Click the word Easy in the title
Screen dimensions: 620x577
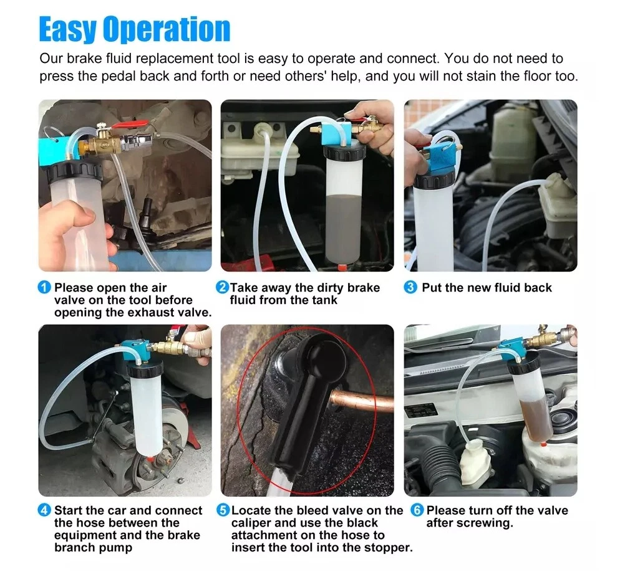pyautogui.click(x=67, y=29)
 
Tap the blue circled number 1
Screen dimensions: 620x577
pyautogui.click(x=44, y=287)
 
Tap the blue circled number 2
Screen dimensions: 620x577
pyautogui.click(x=222, y=287)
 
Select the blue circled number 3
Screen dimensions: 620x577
pyautogui.click(x=410, y=287)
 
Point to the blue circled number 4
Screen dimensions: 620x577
pyautogui.click(x=44, y=510)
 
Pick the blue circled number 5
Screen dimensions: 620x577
pyautogui.click(x=223, y=510)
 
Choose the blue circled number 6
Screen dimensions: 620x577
pyautogui.click(x=417, y=510)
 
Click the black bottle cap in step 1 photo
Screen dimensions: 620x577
pyautogui.click(x=75, y=172)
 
